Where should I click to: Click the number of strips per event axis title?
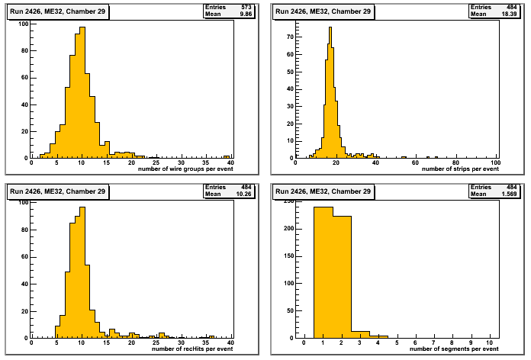point(460,168)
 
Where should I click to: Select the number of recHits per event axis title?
point(193,349)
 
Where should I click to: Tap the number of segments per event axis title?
point(456,349)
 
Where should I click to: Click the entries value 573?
point(247,6)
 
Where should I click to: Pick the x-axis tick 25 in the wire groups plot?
point(156,162)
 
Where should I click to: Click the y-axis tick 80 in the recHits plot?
point(25,230)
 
